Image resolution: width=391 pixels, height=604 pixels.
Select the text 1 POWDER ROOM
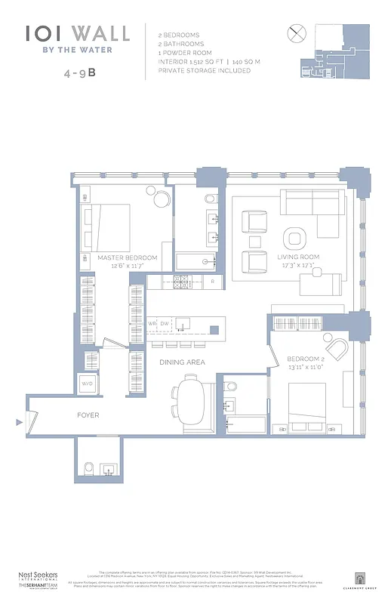click(x=186, y=53)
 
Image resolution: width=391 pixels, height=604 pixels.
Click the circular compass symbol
click(x=296, y=34)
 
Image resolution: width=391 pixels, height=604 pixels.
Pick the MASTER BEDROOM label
click(x=128, y=257)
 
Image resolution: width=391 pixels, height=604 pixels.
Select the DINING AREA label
click(x=182, y=362)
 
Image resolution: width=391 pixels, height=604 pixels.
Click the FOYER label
click(x=88, y=415)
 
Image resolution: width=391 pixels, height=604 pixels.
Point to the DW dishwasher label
click(x=165, y=324)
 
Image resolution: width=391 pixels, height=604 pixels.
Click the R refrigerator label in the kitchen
click(x=213, y=282)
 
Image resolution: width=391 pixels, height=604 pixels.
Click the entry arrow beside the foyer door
click(x=19, y=423)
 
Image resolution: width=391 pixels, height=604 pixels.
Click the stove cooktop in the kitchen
click(x=181, y=282)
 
